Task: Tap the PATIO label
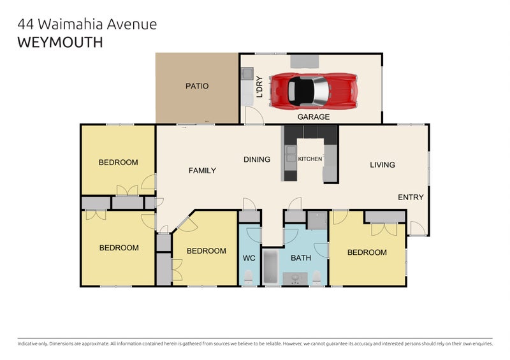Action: [197, 86]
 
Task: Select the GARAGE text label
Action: [314, 117]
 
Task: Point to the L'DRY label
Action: [259, 86]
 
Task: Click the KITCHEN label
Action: [310, 159]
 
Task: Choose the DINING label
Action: [257, 159]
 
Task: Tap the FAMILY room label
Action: [202, 170]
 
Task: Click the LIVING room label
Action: [382, 165]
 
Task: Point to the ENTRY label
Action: [411, 198]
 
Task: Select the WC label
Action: [249, 258]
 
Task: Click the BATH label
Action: [300, 258]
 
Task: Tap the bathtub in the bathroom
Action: [271, 266]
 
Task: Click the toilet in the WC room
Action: [249, 277]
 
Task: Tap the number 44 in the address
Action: [25, 25]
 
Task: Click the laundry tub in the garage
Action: [247, 75]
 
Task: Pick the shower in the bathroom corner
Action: [316, 220]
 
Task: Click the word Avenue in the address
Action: [127, 25]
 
